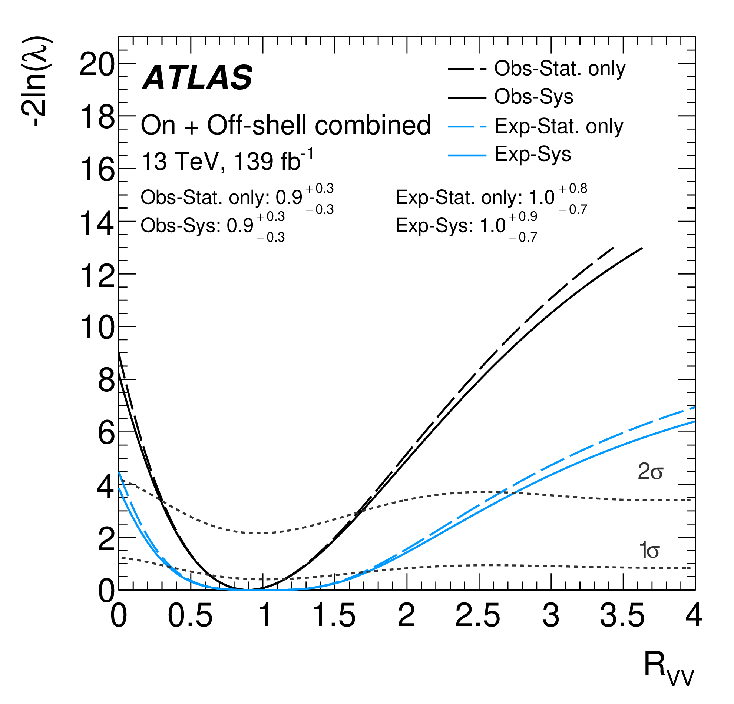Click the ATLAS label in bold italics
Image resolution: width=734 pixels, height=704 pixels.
point(197,78)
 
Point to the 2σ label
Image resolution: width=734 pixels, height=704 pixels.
point(650,472)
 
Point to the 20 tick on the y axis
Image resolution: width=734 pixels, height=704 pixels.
point(97,66)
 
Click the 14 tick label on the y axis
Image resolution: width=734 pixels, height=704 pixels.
point(97,224)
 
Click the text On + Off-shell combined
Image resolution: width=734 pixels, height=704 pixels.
point(285,125)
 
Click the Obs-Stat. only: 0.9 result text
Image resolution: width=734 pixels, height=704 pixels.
point(237,197)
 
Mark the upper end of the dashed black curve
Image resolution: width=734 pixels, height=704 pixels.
point(613,248)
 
